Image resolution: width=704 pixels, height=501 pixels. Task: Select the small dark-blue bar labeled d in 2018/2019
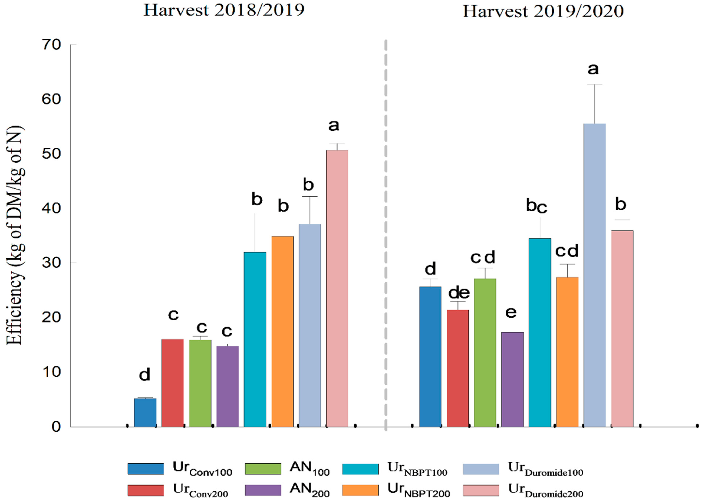(x=145, y=412)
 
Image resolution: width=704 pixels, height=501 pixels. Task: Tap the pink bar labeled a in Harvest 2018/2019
(x=337, y=288)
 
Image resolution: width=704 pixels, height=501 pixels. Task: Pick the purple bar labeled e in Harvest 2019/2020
(x=512, y=379)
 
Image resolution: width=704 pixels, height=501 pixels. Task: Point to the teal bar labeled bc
(x=540, y=333)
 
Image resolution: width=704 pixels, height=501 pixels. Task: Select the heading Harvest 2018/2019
(x=224, y=10)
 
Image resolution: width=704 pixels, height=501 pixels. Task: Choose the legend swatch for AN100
(x=263, y=469)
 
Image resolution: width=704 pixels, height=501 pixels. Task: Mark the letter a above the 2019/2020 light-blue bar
(x=593, y=69)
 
